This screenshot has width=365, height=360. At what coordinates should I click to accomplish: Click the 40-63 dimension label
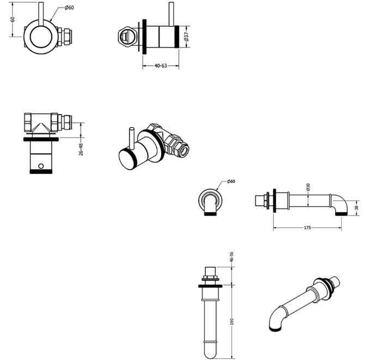coord(161,65)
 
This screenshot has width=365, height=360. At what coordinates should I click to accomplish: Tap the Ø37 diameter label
coord(186,37)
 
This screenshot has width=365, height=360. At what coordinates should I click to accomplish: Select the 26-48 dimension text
coord(81,149)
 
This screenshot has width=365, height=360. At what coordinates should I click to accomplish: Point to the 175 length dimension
coord(307,227)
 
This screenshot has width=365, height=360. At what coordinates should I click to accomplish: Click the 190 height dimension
coord(232,322)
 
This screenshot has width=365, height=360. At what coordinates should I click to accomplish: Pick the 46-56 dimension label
coord(232,257)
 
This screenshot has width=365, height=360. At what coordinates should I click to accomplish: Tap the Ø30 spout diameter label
coord(308,187)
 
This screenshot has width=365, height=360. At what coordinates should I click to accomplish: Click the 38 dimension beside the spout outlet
coord(356,208)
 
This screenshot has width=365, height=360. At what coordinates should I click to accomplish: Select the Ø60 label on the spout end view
coord(231,181)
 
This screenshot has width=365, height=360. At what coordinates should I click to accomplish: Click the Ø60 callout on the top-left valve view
coord(69,8)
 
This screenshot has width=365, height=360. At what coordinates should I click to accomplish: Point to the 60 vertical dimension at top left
coord(13,19)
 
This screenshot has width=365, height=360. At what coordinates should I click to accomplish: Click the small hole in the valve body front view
coord(41,166)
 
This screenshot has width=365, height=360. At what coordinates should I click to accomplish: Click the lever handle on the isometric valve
coord(132,138)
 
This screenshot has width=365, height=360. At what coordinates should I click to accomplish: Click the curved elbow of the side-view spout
coord(342,202)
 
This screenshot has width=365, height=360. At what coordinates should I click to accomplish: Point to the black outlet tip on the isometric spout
coord(275,329)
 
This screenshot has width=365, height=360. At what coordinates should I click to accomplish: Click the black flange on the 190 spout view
coord(211,286)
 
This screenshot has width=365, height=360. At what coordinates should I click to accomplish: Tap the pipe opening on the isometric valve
coord(184,150)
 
